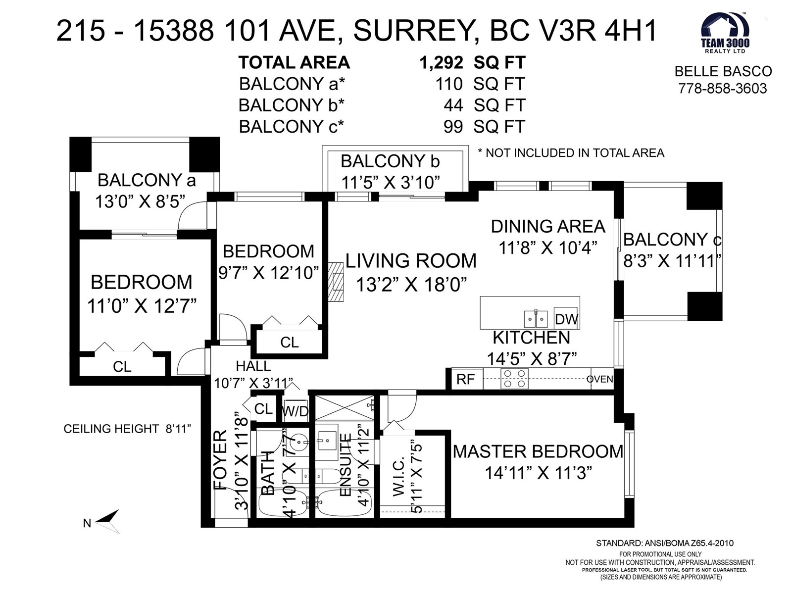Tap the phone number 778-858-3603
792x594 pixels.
722,89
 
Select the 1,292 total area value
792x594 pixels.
441,63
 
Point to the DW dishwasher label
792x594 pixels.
566,319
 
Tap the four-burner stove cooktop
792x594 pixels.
514,379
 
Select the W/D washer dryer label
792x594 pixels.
295,411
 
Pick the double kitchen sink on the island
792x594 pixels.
536,319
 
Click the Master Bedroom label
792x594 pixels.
538,451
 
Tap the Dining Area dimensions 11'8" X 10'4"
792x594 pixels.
548,248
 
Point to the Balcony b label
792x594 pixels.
390,161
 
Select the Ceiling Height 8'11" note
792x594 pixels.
127,429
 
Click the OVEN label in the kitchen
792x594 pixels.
599,379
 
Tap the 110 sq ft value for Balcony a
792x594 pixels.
449,84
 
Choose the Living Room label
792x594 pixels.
411,261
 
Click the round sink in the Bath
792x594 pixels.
299,441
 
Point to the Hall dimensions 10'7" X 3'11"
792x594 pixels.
253,383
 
